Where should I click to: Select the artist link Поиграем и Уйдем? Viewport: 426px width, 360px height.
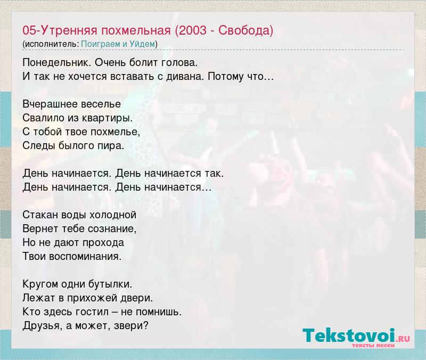(118, 44)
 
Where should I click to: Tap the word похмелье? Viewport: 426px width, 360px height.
(115, 132)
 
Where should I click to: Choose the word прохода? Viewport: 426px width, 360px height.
(103, 243)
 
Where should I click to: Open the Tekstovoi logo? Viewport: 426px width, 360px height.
(356, 336)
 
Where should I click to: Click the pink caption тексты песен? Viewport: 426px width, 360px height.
(373, 345)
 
